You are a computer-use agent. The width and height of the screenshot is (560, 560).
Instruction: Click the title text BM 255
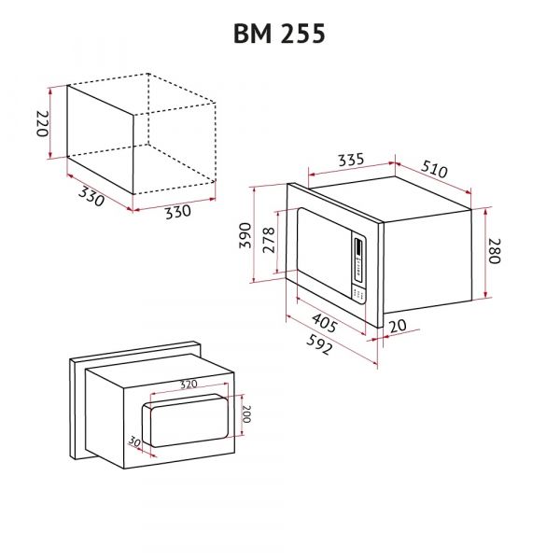point(279,34)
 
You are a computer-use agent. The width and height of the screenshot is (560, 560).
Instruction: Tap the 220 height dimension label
point(42,123)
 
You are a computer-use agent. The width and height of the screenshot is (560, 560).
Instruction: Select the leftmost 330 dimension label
point(91,197)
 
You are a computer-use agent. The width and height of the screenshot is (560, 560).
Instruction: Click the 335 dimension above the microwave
point(350,160)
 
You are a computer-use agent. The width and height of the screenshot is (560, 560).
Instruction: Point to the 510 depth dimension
point(436,171)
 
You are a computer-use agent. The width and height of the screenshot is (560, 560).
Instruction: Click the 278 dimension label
point(268,241)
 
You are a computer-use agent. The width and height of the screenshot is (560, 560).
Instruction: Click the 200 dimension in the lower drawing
point(246,413)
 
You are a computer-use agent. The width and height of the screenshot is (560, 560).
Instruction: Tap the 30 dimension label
point(134,440)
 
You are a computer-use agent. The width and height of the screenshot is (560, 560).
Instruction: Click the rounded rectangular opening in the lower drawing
point(187,422)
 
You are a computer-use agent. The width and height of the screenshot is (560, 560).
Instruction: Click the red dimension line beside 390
point(255,233)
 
